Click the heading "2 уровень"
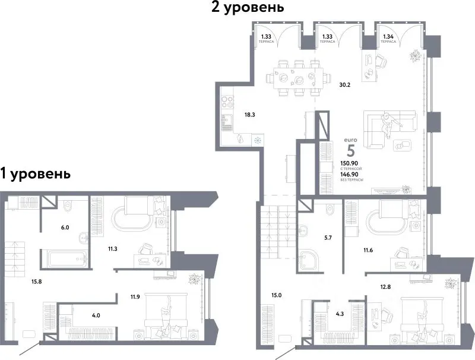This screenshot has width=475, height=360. coord(245,8)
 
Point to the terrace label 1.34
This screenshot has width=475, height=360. coord(388,37)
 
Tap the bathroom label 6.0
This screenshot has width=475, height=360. coord(65,227)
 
